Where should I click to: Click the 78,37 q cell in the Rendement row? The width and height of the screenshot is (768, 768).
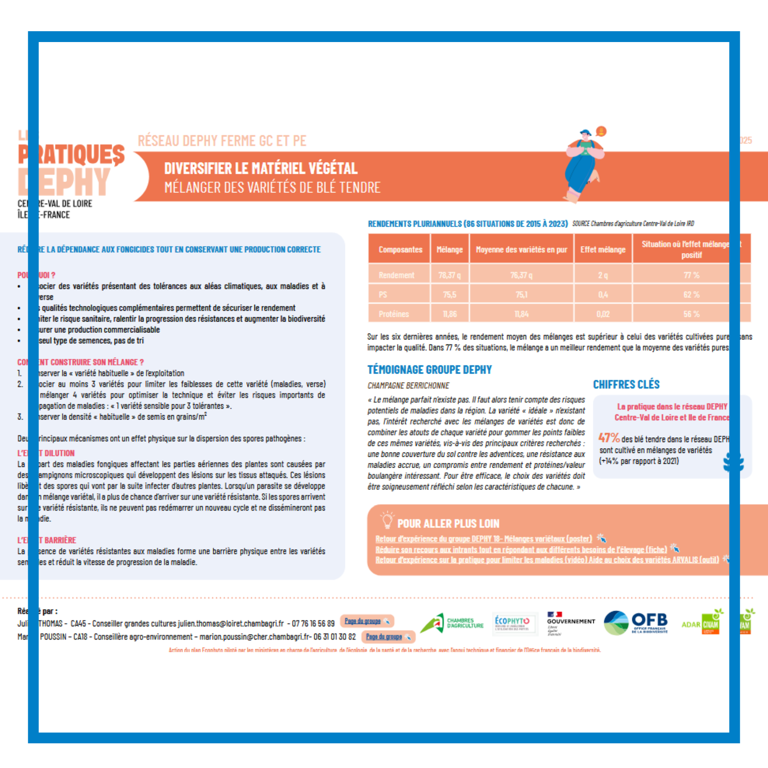point(449,275)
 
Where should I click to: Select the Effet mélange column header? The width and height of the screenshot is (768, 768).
point(602,250)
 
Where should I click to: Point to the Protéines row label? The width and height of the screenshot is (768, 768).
point(394,314)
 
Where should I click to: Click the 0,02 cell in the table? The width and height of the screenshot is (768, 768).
point(602,314)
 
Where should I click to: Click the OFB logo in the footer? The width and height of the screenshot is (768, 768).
point(636,623)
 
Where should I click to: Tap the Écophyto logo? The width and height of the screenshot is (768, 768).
point(512,623)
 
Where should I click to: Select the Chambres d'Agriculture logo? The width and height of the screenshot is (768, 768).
point(452,623)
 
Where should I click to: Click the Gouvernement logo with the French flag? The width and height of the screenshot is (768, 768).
point(570,623)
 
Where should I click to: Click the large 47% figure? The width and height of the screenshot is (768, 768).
point(609,438)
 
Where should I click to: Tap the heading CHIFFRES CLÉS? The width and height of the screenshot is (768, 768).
point(626,384)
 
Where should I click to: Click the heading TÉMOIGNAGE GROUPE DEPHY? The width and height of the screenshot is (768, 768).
point(429,370)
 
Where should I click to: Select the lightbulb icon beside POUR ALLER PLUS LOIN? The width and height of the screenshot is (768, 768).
point(387,520)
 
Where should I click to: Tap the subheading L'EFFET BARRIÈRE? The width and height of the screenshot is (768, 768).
point(46,540)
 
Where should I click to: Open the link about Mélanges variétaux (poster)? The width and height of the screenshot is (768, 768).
point(483,539)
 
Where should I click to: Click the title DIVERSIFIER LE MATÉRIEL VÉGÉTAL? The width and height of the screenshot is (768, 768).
point(260,169)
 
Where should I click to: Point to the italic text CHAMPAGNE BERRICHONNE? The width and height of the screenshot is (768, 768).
point(408,386)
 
